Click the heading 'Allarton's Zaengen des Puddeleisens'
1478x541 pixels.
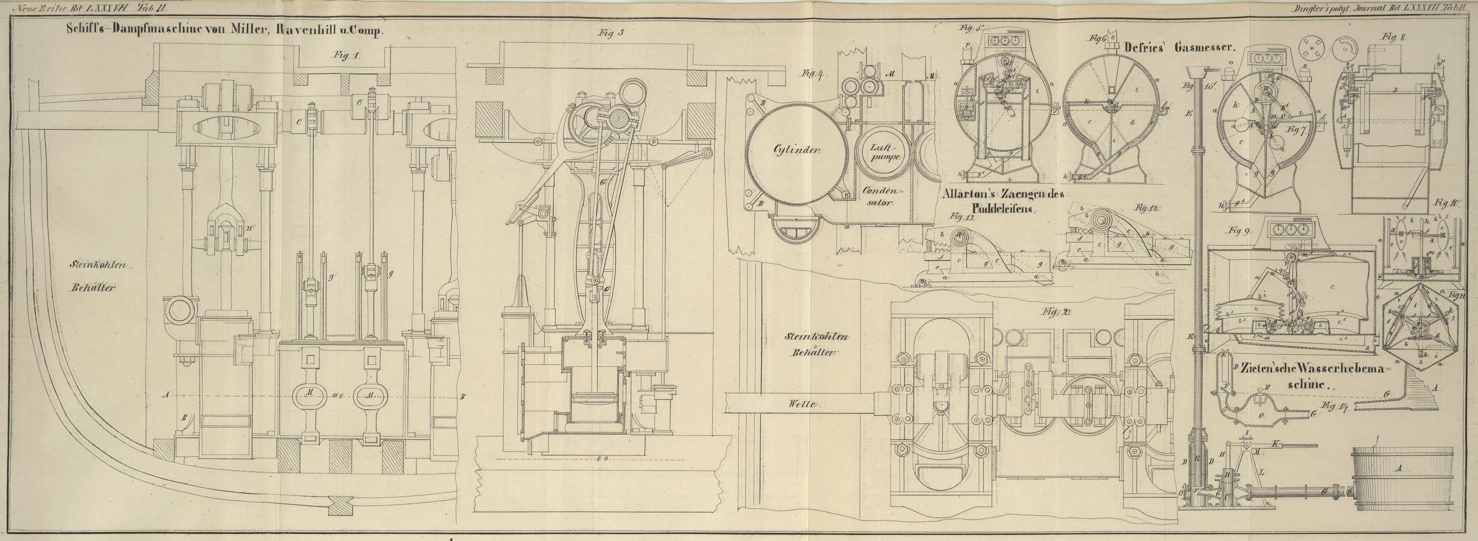1003,201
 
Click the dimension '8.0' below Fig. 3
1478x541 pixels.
602,458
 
